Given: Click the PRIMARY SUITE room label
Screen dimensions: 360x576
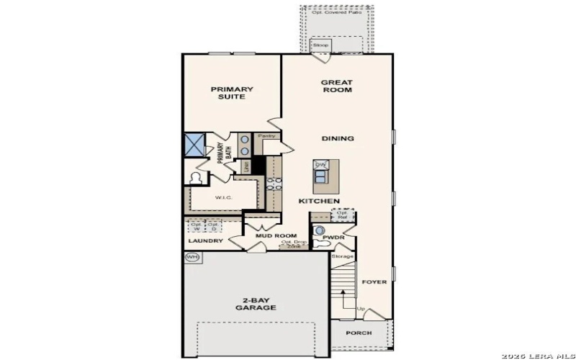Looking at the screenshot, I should (232, 93).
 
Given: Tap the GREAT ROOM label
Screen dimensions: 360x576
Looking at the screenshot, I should (337, 86).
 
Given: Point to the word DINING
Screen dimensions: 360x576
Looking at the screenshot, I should (337, 138).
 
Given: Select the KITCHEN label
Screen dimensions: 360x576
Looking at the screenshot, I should (319, 201).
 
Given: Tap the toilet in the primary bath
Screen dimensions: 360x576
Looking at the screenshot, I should (196, 178).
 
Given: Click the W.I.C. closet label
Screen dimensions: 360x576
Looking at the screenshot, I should (222, 197).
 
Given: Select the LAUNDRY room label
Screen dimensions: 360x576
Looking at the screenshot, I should (205, 241).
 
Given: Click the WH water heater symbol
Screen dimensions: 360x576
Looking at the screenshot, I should (192, 256).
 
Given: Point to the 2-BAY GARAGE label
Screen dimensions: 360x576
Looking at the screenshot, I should (255, 303).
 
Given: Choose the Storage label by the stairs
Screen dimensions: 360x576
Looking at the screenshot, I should (342, 256).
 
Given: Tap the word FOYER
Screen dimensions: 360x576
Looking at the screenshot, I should (374, 282).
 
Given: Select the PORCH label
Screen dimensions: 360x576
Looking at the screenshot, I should (358, 333).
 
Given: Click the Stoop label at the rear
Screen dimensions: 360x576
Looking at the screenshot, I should (320, 46).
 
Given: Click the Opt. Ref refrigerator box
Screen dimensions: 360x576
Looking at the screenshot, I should (342, 215).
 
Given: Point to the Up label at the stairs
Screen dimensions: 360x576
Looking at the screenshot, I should (361, 310).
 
